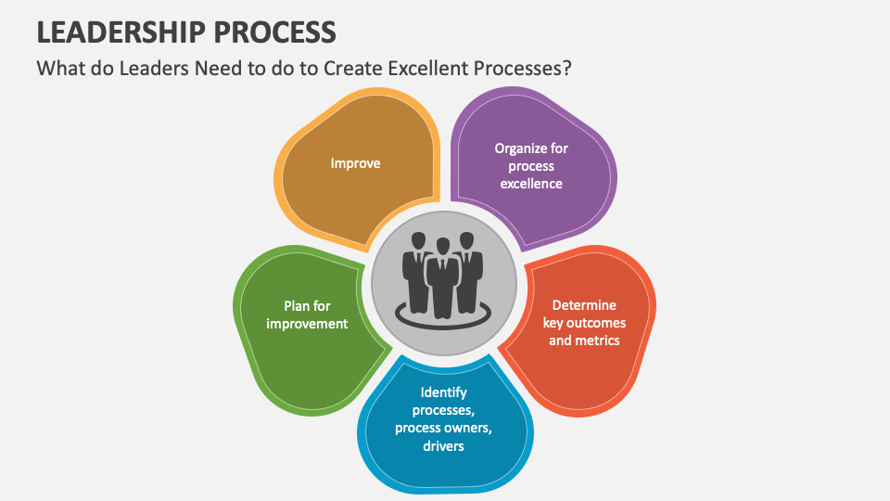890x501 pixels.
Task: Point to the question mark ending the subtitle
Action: (566, 70)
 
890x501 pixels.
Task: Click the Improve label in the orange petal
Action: (355, 163)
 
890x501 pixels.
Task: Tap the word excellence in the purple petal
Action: (531, 184)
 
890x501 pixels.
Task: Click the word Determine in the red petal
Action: (584, 305)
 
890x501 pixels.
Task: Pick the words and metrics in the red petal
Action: (584, 340)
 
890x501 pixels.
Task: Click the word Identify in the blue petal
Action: (442, 392)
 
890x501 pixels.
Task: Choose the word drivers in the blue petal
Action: (442, 445)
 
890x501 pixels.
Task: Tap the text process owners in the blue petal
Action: (442, 428)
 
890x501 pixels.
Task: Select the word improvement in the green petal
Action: (307, 324)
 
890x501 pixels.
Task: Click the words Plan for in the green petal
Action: (307, 306)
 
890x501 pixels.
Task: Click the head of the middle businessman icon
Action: (443, 246)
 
